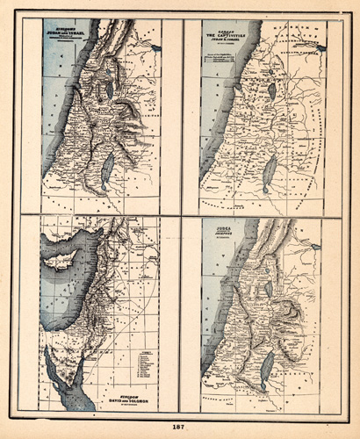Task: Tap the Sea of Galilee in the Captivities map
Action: pyautogui.click(x=272, y=90)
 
